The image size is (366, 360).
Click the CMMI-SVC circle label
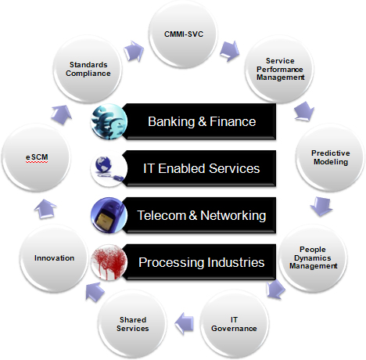tap(184, 34)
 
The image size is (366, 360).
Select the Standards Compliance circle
tap(88, 69)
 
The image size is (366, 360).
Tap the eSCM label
tap(37, 157)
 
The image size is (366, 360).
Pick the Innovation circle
tap(54, 258)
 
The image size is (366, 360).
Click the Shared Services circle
tap(132, 324)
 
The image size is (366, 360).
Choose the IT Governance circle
tap(234, 324)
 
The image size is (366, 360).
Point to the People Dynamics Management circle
tap(313, 257)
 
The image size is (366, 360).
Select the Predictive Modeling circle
tap(330, 157)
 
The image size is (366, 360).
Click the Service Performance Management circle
tap(280, 69)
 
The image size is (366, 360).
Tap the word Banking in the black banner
tap(171, 121)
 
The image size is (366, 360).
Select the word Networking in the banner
tap(233, 215)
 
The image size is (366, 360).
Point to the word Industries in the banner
tap(235, 262)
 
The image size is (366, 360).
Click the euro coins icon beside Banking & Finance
tap(109, 121)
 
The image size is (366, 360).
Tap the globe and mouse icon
tap(109, 168)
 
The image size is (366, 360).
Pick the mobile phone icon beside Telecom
tap(109, 215)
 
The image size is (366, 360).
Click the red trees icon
tap(109, 262)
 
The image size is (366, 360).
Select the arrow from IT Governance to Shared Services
tap(184, 323)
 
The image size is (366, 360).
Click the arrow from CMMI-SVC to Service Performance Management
tap(229, 51)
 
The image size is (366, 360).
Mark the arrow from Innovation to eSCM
tap(45, 209)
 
